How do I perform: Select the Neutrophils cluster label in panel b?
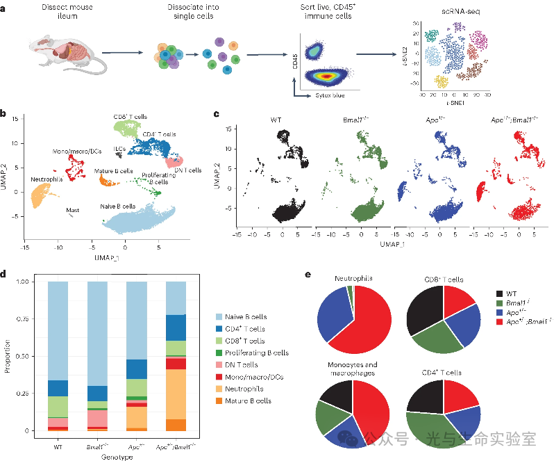point(45,179)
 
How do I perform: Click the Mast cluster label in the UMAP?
point(72,209)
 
